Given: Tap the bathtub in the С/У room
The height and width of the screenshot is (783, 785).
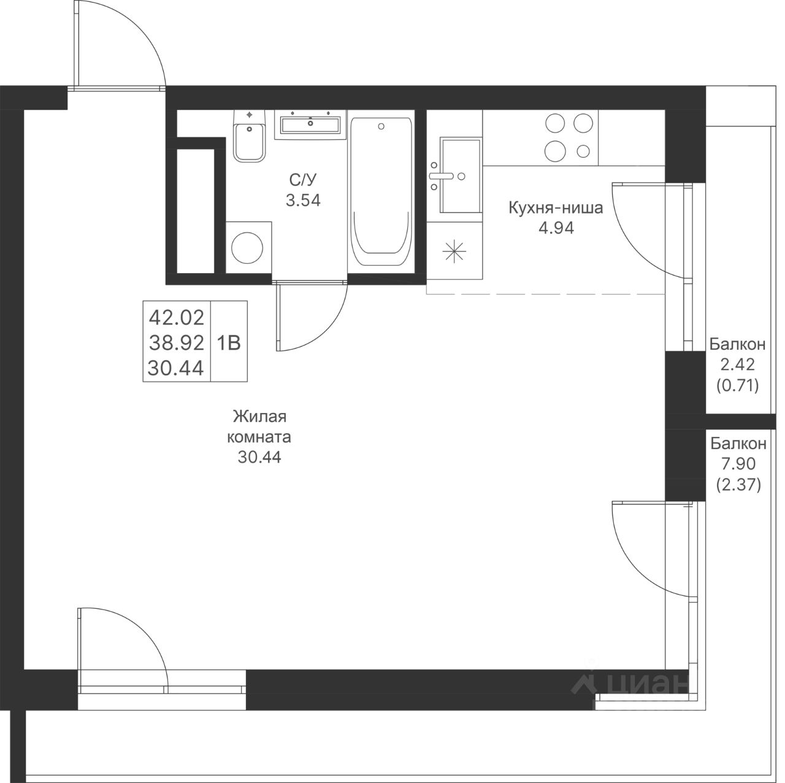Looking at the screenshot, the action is coord(381,191).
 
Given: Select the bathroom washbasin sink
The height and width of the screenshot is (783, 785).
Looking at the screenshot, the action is coord(310,125).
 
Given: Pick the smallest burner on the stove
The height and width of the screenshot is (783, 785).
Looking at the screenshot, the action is coord(583,151).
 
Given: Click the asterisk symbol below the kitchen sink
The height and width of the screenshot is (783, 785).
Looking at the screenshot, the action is coord(454,251).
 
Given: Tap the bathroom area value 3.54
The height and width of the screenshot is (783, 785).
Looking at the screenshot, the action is coord(303,200).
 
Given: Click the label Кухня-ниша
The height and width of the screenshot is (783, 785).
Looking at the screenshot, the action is coord(556,208).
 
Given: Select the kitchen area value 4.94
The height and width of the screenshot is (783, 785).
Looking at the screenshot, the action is coord(556,228).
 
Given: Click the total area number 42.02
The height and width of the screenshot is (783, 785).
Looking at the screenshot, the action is coord(177,317).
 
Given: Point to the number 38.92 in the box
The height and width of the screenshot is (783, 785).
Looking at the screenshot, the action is coord(177,343).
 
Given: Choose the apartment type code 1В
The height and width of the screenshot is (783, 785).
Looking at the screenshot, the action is coord(229,343).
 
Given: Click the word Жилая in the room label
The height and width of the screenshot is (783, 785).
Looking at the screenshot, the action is coord(260,417).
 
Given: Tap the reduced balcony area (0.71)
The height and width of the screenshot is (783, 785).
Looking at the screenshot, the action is coord(738,385).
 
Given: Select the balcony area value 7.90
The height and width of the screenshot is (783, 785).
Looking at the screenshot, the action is coord(738,463).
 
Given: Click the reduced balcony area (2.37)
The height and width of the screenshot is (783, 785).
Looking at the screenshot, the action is coord(738,485).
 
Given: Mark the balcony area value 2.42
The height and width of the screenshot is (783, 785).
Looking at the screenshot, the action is coord(738,364).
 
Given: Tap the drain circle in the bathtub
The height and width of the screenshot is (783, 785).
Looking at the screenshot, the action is coord(381,126).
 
